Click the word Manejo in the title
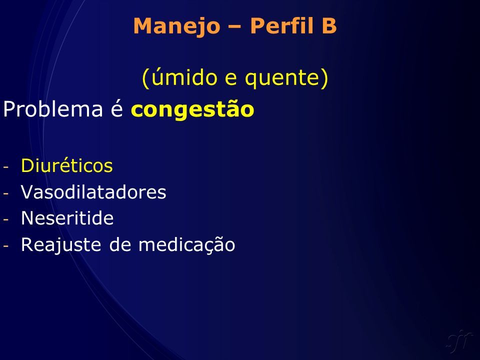pos(177,26)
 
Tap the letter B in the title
pos(329,25)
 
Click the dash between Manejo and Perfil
pos(235,27)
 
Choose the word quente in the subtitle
pos(283,78)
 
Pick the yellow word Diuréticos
pos(66,165)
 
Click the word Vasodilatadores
pos(93,192)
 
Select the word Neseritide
pos(67,218)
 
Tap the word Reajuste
pos(61,245)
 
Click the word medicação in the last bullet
pos(186,245)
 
